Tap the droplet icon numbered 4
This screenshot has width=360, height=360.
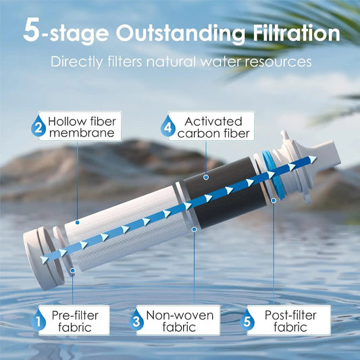point(166,126)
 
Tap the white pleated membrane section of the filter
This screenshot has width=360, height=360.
point(128,230)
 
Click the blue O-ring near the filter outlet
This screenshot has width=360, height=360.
point(271,176)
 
